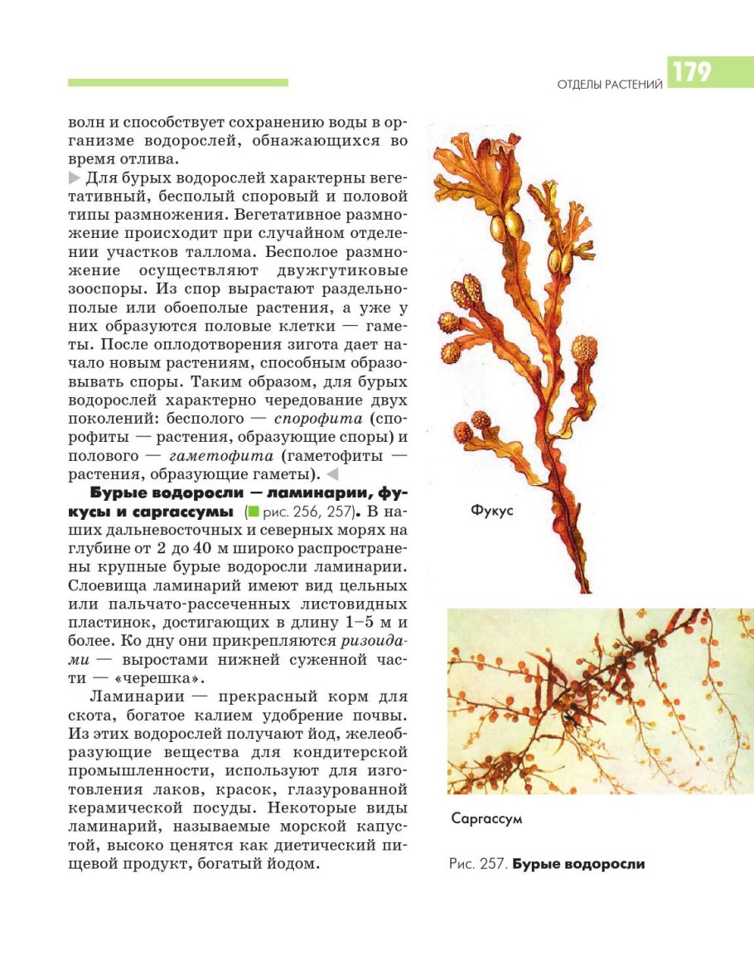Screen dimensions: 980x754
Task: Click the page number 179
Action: (x=693, y=73)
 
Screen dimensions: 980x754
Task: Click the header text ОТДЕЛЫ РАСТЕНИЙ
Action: (x=610, y=84)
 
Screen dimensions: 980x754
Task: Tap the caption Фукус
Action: (x=492, y=511)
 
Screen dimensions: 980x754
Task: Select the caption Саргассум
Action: (x=486, y=819)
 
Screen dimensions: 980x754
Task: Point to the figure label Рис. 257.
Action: (x=477, y=864)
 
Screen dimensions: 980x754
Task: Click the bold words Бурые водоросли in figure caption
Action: (x=578, y=864)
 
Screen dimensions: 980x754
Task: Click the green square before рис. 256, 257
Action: (x=254, y=512)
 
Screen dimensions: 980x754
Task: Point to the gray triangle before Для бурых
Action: (x=75, y=178)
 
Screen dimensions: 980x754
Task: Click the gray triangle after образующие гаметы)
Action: (x=333, y=475)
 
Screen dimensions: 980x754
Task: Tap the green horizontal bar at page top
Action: (x=178, y=83)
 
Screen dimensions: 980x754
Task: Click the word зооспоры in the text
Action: (x=109, y=289)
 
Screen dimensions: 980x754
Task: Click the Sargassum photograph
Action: (x=601, y=701)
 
